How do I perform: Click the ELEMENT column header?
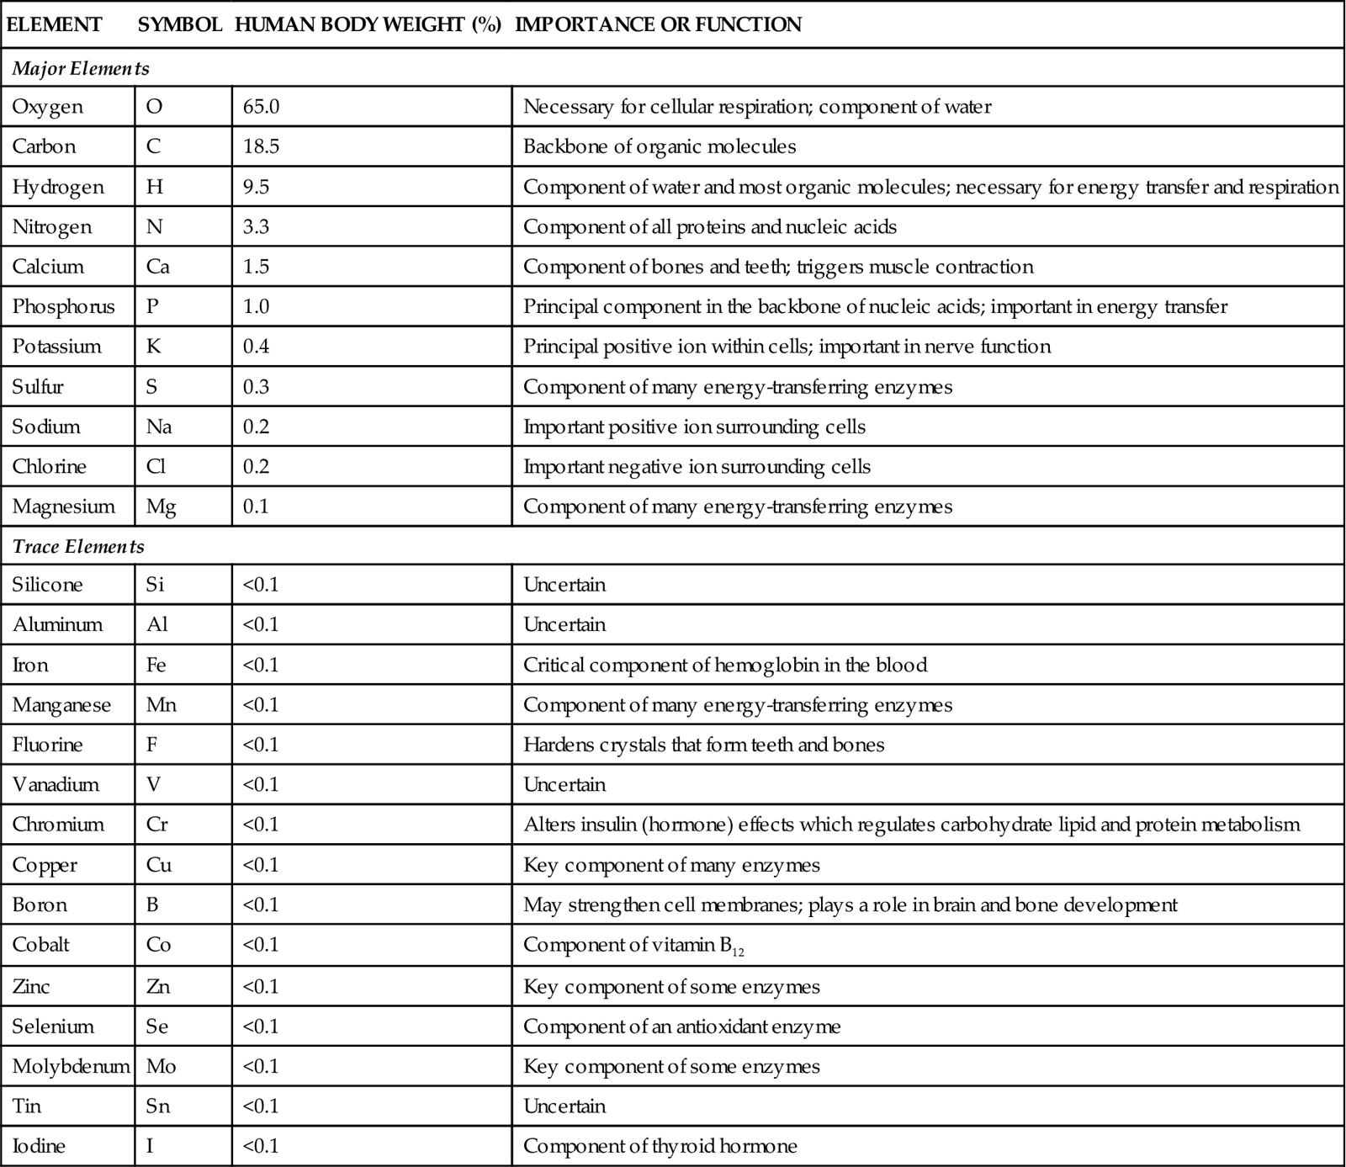pos(54,24)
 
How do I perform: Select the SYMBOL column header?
pos(179,24)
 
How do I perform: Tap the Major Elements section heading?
pos(81,68)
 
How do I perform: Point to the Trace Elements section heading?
pos(78,546)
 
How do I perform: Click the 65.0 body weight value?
pos(261,107)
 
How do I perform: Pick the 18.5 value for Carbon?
pos(261,146)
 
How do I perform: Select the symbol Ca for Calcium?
pos(157,267)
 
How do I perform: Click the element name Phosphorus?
pos(63,306)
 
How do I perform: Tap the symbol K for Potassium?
pos(153,347)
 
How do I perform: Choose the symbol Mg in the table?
pos(161,507)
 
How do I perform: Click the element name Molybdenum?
pos(71,1066)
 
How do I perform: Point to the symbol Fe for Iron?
pos(156,665)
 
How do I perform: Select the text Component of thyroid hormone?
pos(660,1146)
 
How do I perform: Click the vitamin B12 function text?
pos(633,945)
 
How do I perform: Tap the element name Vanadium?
pos(56,784)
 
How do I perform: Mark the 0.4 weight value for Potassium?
pos(256,347)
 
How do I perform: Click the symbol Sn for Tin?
pos(157,1106)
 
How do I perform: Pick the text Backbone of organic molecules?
pos(659,146)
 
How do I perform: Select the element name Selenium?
pos(53,1026)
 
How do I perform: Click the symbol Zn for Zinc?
pos(157,986)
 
